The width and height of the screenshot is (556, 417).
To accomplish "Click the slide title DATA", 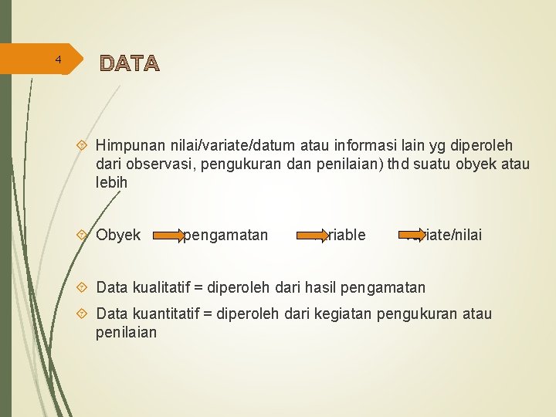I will (129, 63).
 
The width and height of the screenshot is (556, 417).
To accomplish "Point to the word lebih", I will (112, 183).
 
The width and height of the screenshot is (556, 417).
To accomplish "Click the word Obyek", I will (118, 235).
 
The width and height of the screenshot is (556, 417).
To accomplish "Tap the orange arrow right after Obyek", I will (168, 234).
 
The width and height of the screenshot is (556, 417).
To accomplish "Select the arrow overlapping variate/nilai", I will (414, 234).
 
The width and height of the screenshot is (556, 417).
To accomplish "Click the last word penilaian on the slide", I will (127, 332).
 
